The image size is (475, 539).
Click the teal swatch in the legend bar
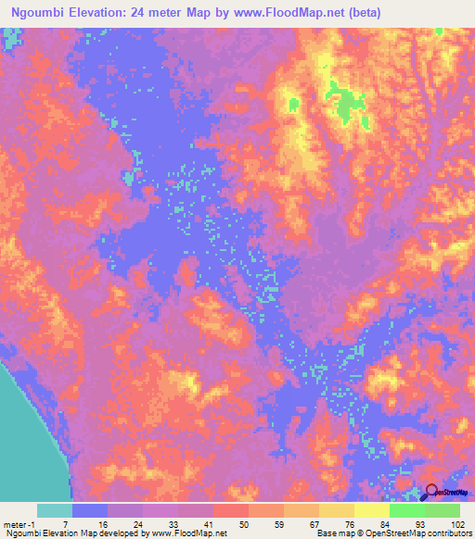(x=54, y=510)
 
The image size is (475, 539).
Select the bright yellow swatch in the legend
(x=371, y=510)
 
